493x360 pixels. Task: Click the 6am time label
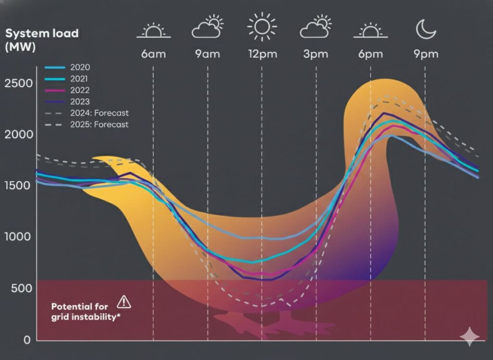[x=153, y=53]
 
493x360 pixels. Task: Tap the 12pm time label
[x=262, y=53]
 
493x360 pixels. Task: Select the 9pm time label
[x=426, y=53]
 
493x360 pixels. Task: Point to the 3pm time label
[x=316, y=53]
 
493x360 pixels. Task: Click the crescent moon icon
[x=426, y=29]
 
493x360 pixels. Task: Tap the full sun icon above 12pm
[x=262, y=27]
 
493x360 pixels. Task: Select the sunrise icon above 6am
[x=153, y=31]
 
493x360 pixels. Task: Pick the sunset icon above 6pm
[x=370, y=31]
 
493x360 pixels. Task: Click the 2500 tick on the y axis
[x=19, y=83]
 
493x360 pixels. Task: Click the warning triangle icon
[x=124, y=302]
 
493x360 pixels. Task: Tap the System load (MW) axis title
[x=41, y=40]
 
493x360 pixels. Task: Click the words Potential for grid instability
[x=85, y=311]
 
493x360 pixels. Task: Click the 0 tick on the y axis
[x=27, y=339]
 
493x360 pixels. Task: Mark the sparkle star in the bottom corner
[x=469, y=336]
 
